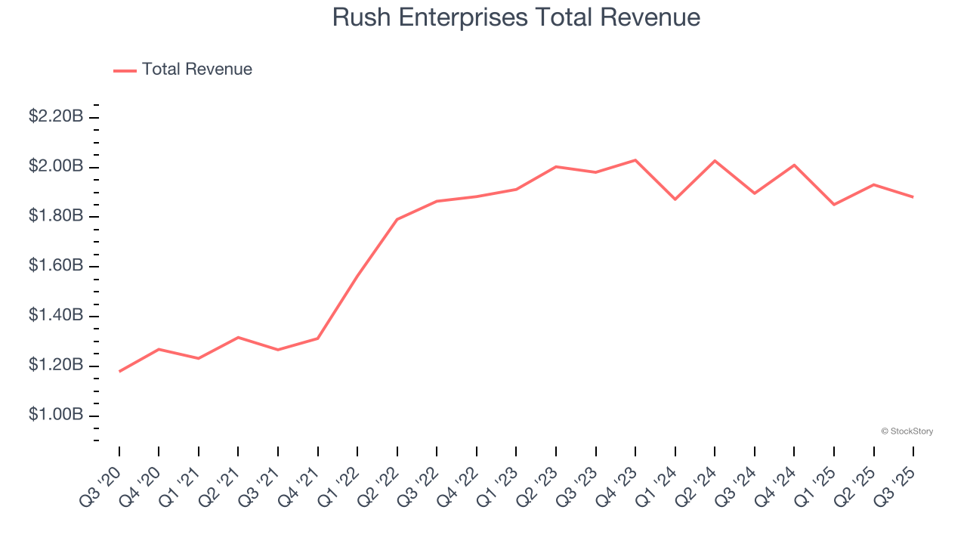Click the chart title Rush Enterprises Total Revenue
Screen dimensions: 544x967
pos(516,17)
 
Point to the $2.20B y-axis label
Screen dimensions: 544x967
pos(56,116)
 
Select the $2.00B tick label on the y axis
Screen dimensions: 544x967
pos(56,166)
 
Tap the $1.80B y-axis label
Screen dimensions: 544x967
pos(56,216)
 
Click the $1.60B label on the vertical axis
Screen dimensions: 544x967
pos(56,266)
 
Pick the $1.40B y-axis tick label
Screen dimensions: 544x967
pos(56,316)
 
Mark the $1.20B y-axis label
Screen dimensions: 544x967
pos(56,366)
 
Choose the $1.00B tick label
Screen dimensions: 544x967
pos(56,416)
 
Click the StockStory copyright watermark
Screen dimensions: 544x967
pos(907,431)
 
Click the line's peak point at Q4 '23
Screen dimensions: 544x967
pos(635,160)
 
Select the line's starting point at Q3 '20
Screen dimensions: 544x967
pos(119,372)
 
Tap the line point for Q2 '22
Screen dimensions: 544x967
pos(397,219)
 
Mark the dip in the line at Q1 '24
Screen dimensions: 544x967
pos(675,199)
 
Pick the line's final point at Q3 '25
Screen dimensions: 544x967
pos(913,197)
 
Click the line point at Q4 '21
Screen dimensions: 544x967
pos(318,338)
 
